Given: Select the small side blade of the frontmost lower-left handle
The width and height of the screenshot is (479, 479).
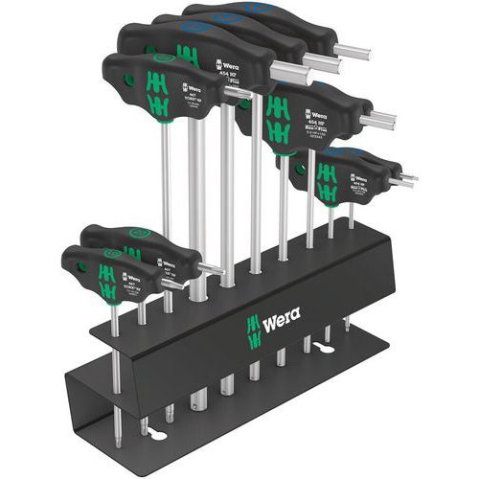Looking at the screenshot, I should click(212, 274).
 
